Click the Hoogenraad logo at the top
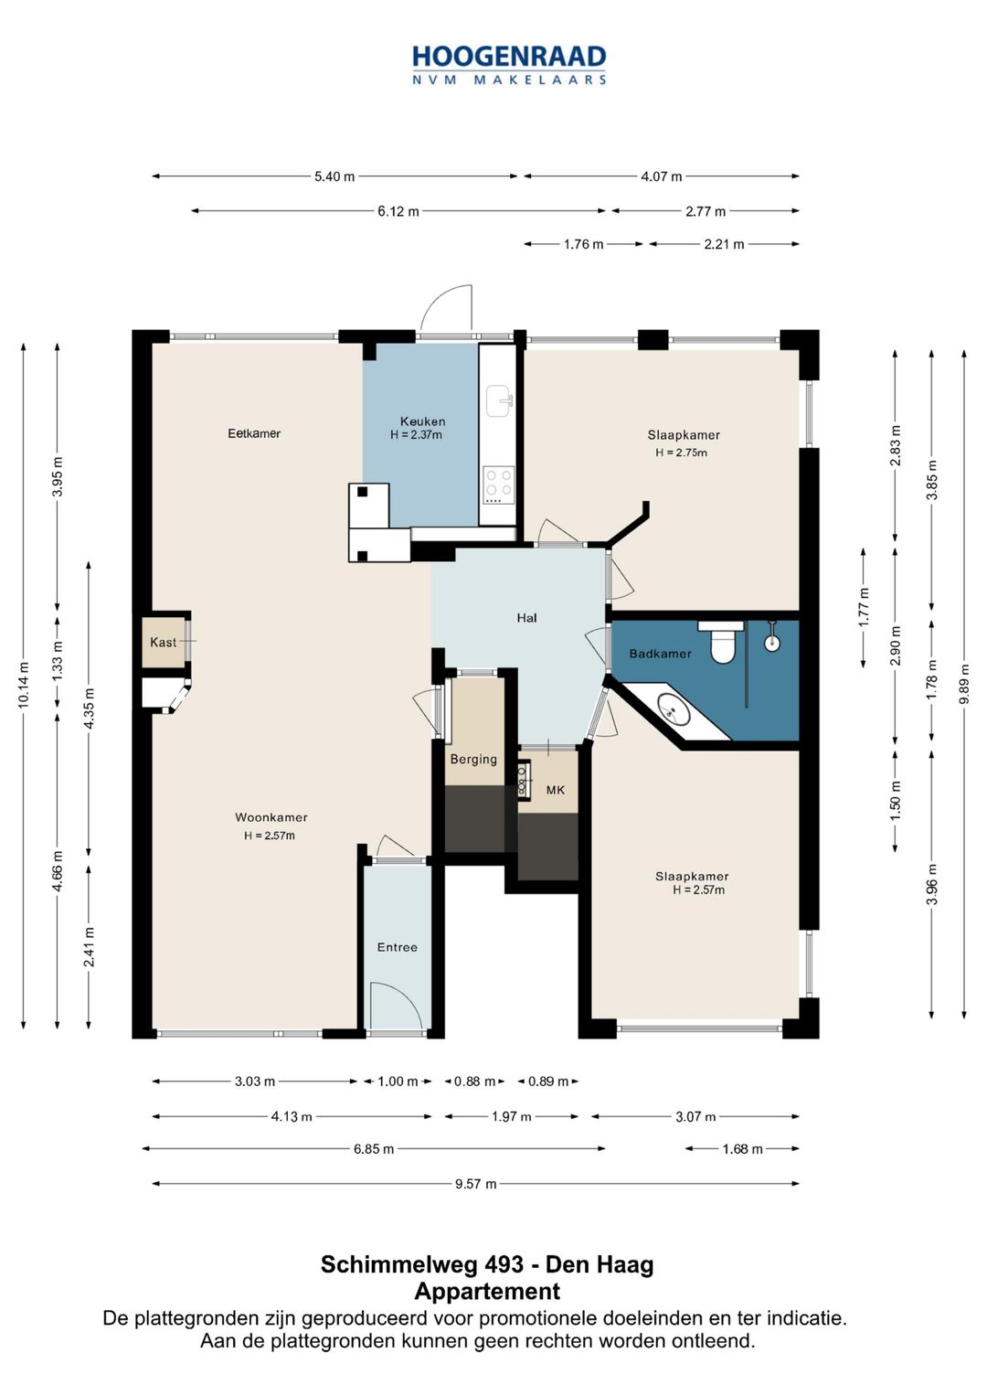pyautogui.click(x=509, y=64)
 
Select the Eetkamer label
pyautogui.click(x=254, y=433)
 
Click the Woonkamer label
pyautogui.click(x=271, y=817)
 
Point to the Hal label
pyautogui.click(x=526, y=618)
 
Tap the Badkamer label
pyautogui.click(x=661, y=654)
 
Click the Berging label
pyautogui.click(x=473, y=759)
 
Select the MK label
pyautogui.click(x=556, y=790)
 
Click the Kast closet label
pyautogui.click(x=164, y=642)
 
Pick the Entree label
pyautogui.click(x=397, y=946)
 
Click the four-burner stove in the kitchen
pyautogui.click(x=499, y=485)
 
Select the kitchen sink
pyautogui.click(x=499, y=400)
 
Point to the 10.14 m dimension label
pyautogui.click(x=24, y=684)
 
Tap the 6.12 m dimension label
pyautogui.click(x=398, y=211)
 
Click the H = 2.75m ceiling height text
pyautogui.click(x=681, y=453)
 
